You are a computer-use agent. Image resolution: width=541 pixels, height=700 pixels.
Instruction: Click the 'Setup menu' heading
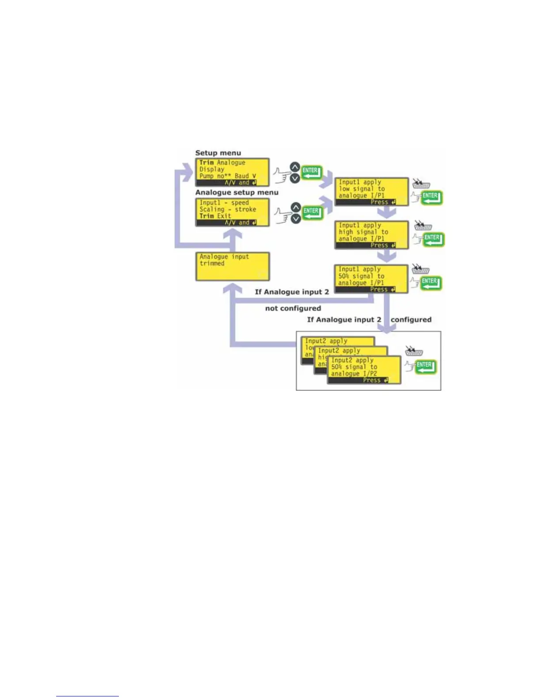coord(218,153)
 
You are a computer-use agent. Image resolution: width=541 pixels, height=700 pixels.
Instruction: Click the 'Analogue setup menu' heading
coord(237,193)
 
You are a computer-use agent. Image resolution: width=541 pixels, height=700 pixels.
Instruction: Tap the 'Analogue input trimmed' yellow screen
coord(232,266)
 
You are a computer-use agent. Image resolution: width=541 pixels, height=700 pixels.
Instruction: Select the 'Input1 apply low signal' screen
coord(371,192)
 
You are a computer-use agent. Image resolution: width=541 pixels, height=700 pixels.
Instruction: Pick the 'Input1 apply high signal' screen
coord(371,235)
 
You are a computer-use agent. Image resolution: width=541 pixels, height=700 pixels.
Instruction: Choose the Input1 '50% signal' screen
coord(371,279)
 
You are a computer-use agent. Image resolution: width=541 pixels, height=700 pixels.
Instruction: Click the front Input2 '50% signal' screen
coord(364,370)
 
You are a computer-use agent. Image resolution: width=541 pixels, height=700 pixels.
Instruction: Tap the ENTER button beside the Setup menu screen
coord(312,172)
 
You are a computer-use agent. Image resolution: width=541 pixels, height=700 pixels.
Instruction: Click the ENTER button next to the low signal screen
coord(431,197)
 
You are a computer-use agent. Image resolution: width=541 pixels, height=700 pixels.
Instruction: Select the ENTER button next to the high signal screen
coord(433,239)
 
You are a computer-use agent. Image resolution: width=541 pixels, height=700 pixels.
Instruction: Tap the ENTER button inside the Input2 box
coord(426,366)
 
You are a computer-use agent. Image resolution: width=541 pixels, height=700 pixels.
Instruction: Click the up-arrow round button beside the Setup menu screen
coord(295,167)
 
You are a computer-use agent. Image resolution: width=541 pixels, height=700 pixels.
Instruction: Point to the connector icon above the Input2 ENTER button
coord(414,351)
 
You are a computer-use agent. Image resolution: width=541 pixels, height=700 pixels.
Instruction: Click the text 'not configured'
coord(293,308)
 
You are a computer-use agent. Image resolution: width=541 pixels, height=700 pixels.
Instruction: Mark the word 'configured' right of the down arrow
coord(411,320)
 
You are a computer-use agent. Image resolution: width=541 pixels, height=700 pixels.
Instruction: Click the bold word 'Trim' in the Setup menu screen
coord(206,163)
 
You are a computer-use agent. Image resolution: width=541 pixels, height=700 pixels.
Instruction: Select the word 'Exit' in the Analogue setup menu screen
coord(224,216)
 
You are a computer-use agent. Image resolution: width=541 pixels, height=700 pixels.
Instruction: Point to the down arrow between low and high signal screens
coord(387,213)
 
